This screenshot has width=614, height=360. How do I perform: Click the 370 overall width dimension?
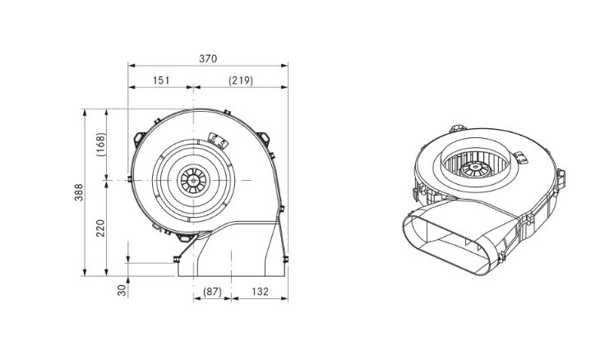(208, 58)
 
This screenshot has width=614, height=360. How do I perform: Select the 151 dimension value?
(161, 81)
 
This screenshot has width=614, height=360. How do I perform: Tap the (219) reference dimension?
(241, 81)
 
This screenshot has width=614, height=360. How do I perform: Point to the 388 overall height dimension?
(79, 192)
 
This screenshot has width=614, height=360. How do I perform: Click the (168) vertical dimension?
(100, 145)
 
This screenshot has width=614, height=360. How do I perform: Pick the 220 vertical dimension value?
(100, 228)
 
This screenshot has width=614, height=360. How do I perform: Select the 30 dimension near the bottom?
(122, 290)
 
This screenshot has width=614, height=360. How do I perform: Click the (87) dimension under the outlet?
(212, 292)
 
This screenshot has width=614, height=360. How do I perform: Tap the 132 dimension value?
(260, 292)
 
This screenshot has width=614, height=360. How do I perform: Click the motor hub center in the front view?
(193, 181)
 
